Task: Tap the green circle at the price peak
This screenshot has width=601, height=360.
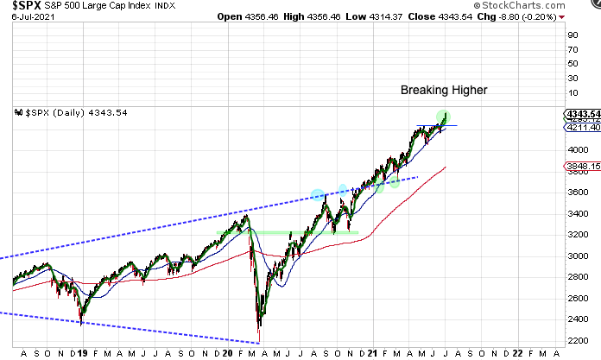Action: pos(444,116)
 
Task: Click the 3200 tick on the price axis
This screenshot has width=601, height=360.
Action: pos(572,235)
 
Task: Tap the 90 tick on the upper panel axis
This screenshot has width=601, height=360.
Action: pos(571,35)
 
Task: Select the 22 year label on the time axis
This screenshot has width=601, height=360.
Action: pos(516,352)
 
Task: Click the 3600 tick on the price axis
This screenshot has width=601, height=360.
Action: pos(572,192)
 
